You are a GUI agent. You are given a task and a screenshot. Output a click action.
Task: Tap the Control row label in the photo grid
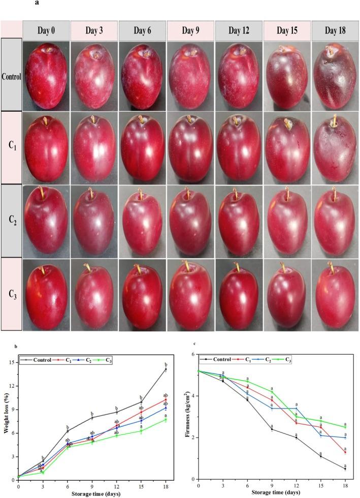pos(11,77)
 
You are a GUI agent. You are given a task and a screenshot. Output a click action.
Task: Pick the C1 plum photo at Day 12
pos(239,147)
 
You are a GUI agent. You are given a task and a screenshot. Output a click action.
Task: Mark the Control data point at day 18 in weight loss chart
pos(165,369)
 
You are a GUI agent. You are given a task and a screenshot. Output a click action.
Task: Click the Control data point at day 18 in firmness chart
pos(345,469)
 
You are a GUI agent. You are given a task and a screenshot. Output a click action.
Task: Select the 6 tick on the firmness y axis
pos(193,354)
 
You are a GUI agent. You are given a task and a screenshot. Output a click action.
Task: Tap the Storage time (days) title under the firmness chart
pos(272,492)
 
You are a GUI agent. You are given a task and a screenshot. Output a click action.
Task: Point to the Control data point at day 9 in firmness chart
pos(272,429)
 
